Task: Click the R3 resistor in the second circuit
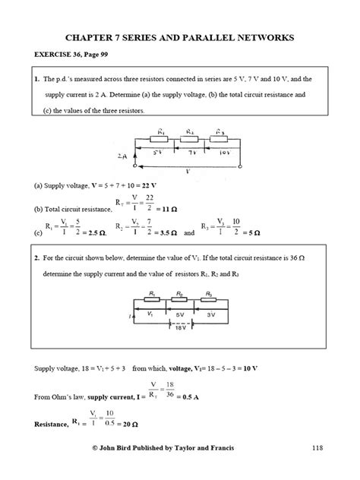click(213, 298)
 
